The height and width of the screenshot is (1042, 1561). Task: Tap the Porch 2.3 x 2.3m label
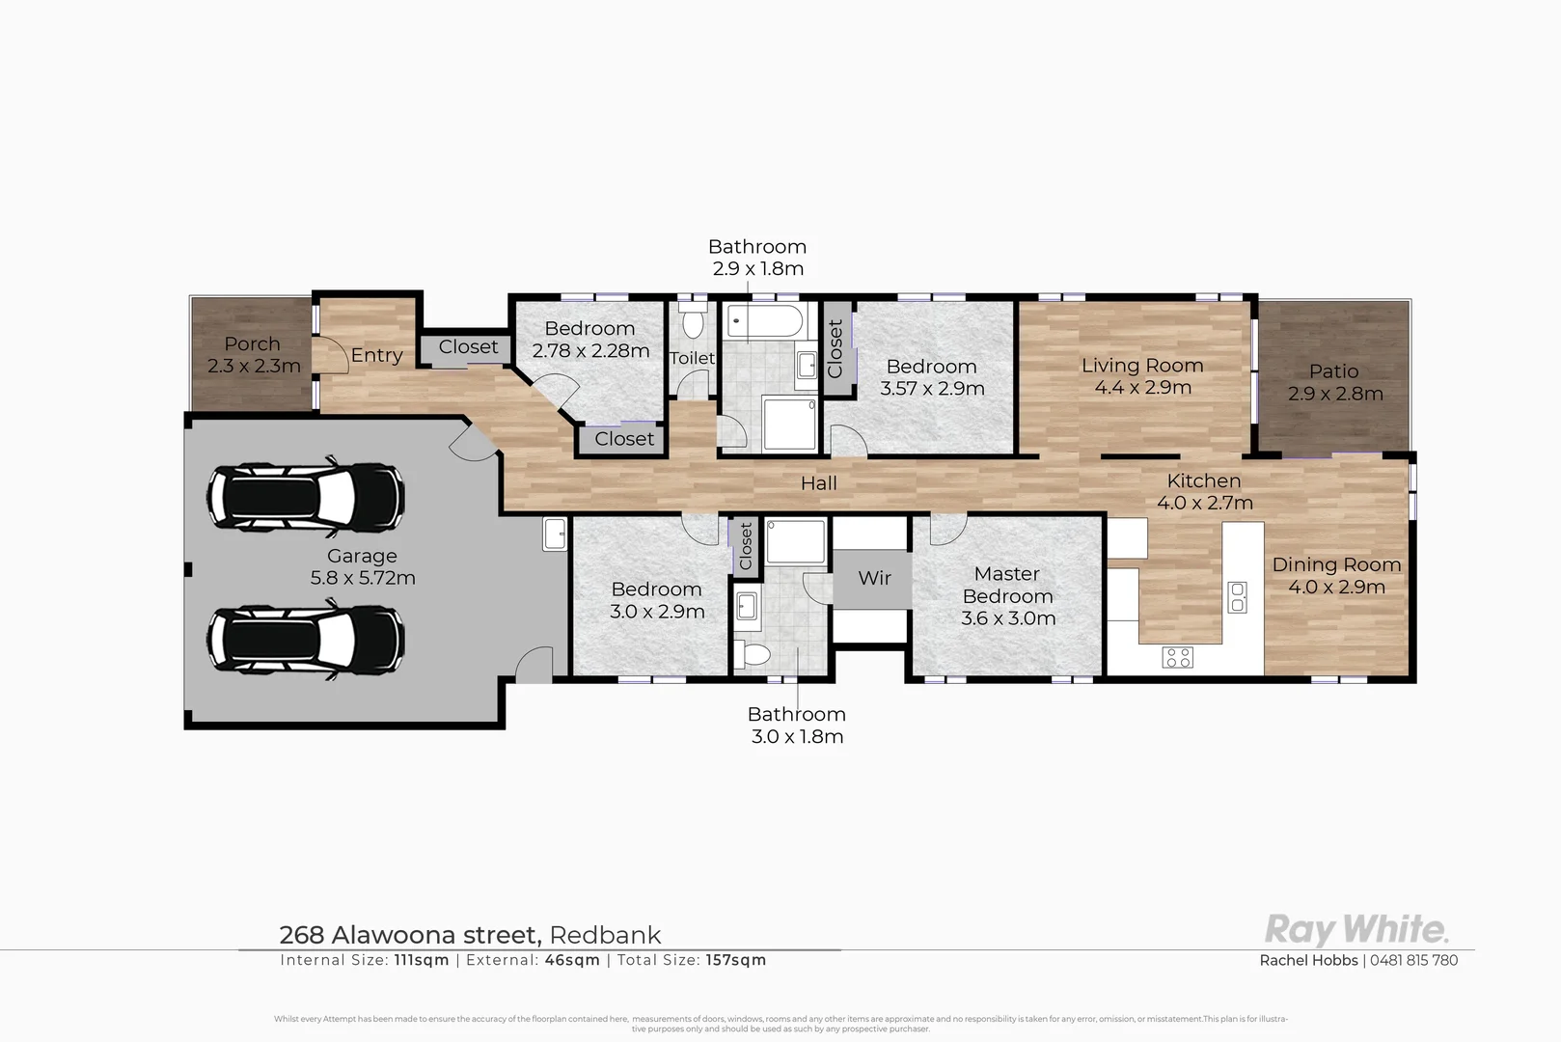pos(253,355)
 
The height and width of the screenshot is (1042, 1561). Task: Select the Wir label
pos(874,578)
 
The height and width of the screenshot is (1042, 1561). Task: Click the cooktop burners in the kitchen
pos(1178,658)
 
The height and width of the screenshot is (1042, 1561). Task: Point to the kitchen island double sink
pos(1237,597)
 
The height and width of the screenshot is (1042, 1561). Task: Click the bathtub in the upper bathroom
pos(764,320)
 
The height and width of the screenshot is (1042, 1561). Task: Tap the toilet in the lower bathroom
pos(752,656)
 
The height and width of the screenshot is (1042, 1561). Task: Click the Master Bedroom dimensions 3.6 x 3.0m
pos(1008,618)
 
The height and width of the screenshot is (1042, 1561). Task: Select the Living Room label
pos(1142,366)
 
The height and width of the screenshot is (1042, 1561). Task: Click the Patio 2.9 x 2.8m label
pos(1335,382)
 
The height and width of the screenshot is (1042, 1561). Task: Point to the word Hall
pos(818,483)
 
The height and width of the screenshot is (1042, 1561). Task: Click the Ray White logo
pos(1356,930)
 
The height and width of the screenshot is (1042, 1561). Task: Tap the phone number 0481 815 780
pos(1413,960)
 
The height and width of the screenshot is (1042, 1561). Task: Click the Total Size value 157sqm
pos(735,960)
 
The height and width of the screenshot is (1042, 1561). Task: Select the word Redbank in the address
pos(605,935)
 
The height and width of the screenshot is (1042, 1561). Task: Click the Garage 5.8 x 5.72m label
pos(362,567)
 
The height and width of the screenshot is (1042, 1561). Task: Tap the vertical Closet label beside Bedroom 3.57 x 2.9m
pos(835,348)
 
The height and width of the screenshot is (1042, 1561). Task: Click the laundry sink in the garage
pos(554,534)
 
